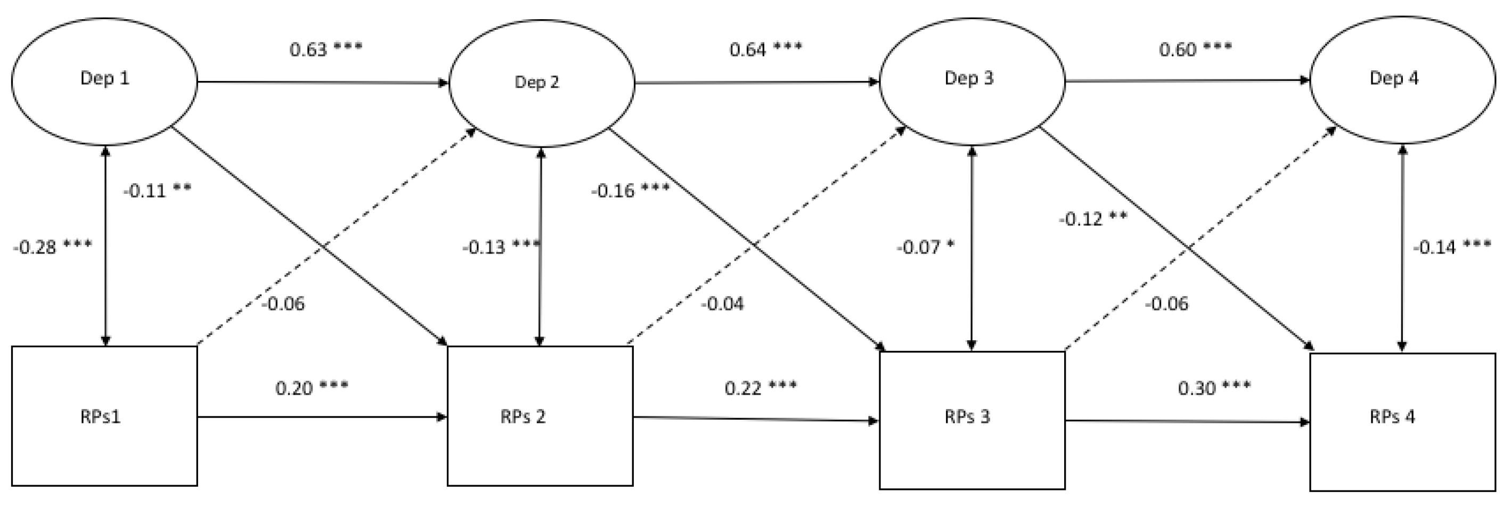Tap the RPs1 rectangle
point(104,415)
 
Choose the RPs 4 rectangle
point(1402,421)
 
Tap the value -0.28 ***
point(52,247)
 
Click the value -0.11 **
point(157,191)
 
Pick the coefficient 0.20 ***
point(312,387)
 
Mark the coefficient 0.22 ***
point(760,387)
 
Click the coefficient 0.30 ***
point(1214,387)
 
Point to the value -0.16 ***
point(630,191)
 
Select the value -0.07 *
point(925,247)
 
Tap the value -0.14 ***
point(1451,247)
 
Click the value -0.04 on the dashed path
point(722,304)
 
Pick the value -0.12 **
point(1092,219)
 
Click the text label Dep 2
point(537,82)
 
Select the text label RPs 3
point(967,416)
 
